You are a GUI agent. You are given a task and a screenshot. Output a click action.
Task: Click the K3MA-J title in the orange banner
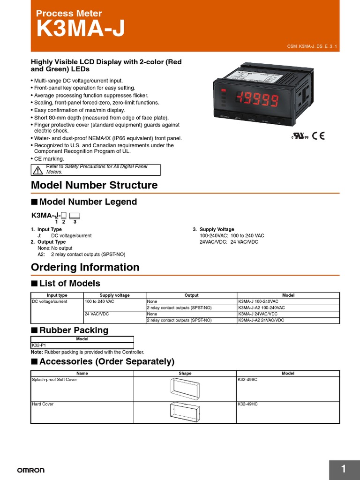pos(81,29)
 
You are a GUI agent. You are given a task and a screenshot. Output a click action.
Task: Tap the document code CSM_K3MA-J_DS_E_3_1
pos(312,46)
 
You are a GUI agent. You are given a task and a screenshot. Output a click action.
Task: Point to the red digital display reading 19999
pos(258,99)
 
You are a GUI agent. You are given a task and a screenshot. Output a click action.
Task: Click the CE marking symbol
pos(319,136)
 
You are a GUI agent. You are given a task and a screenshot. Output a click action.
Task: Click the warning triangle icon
pos(38,170)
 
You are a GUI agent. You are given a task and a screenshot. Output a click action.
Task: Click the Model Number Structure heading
pos(94,185)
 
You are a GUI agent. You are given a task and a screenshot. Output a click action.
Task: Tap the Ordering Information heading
pos(85,267)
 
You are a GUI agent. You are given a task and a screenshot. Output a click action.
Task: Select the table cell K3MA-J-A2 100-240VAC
pos(261,307)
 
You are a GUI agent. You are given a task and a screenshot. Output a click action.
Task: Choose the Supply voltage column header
pos(114,295)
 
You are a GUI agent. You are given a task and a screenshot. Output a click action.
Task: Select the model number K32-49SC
pos(248,380)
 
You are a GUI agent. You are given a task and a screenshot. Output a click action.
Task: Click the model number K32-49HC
pos(248,404)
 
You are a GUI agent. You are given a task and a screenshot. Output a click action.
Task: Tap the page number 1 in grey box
pos(344,469)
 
